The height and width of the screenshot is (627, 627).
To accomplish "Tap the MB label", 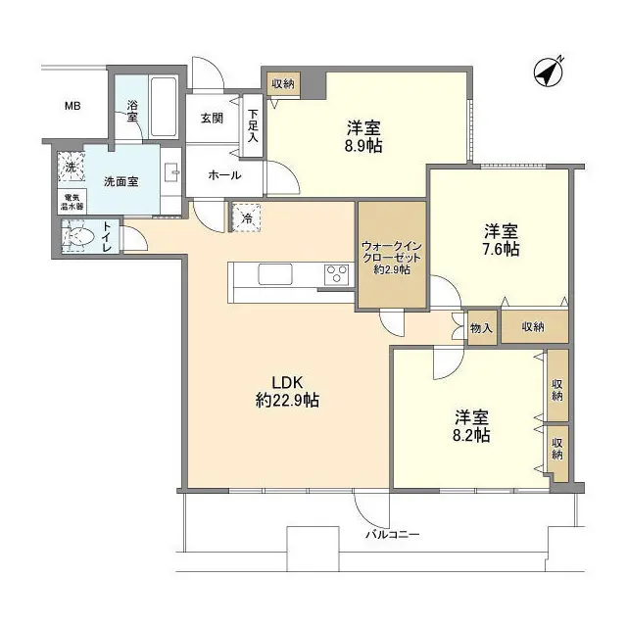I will coord(72,106).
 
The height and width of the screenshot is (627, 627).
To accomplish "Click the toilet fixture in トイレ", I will coord(77,236).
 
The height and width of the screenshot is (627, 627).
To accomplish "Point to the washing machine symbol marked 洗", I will coord(71,167).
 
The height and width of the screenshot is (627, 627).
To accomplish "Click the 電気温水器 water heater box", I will coord(70,202).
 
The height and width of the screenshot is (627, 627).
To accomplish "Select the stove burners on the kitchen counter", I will coord(336,273).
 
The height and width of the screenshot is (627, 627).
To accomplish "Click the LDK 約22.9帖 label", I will coord(286,391).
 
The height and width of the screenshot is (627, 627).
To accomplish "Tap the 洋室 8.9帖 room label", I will coord(363,136).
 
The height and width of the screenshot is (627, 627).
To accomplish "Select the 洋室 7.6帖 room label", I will coord(501,240).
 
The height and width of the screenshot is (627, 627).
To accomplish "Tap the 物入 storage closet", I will coord(480,328).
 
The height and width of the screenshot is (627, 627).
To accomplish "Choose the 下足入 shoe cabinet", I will coord(253,119).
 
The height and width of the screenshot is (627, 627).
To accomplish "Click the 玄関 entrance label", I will coord(213,119).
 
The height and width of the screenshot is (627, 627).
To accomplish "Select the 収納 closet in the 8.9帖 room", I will coord(283,84).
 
